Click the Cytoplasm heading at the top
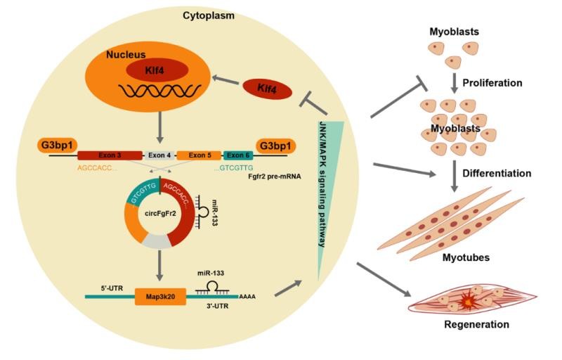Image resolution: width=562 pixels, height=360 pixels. coord(209,14)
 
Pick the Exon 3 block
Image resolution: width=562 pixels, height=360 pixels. coord(107,155)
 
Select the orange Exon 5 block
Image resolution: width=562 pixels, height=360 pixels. coord(199,155)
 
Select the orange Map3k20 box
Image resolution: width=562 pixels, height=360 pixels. coord(160,297)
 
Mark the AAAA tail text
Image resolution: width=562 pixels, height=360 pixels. coord(247,297)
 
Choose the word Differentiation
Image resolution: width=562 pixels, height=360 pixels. coord(496,172)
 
